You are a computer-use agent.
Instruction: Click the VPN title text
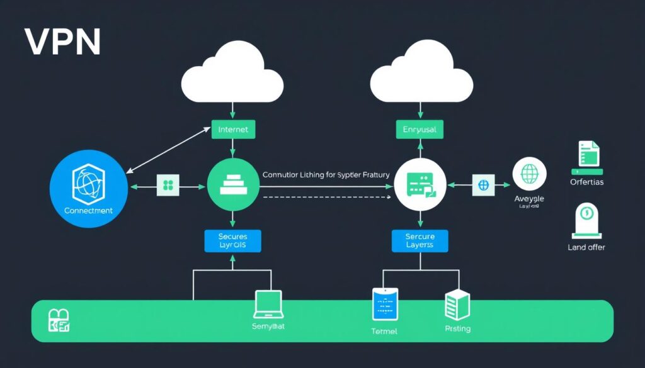[62, 43]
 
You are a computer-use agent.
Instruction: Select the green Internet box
[233, 130]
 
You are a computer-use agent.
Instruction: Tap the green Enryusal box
[419, 130]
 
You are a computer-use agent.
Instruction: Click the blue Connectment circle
[88, 186]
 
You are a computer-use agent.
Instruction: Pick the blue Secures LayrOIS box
[232, 240]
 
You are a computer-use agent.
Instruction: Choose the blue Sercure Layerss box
[420, 240]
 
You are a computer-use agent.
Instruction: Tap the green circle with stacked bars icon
[233, 185]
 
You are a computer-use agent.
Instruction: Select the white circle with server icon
[420, 185]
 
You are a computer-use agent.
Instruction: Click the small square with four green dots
[168, 185]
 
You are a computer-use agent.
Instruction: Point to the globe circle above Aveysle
[528, 174]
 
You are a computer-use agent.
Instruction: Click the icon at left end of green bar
[59, 320]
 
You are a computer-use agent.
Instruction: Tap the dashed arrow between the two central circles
[324, 197]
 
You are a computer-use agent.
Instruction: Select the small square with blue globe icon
[484, 185]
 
